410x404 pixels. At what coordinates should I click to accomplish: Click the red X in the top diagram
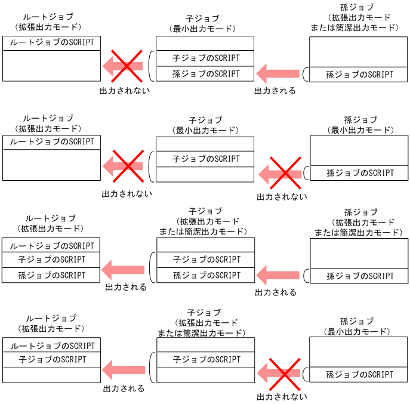126,66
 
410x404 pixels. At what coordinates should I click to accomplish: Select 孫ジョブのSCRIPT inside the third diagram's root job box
52,275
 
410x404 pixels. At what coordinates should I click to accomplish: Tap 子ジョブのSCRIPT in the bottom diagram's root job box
52,360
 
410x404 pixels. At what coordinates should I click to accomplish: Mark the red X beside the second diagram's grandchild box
285,173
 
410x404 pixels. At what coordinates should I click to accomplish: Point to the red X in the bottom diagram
282,374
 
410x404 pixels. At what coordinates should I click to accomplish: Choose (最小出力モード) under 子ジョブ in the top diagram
205,28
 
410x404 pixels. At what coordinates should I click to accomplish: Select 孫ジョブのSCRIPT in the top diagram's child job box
205,74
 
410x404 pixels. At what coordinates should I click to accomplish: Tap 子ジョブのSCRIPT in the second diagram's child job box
205,159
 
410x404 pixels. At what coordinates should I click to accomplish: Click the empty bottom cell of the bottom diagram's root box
52,375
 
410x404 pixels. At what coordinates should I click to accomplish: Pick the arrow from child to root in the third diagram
124,269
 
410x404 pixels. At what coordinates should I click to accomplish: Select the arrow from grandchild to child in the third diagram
278,275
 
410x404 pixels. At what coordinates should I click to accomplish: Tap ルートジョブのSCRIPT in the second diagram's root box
52,142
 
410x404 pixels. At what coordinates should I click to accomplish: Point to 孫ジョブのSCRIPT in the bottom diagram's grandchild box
359,375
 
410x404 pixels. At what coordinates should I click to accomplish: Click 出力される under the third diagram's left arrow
126,288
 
